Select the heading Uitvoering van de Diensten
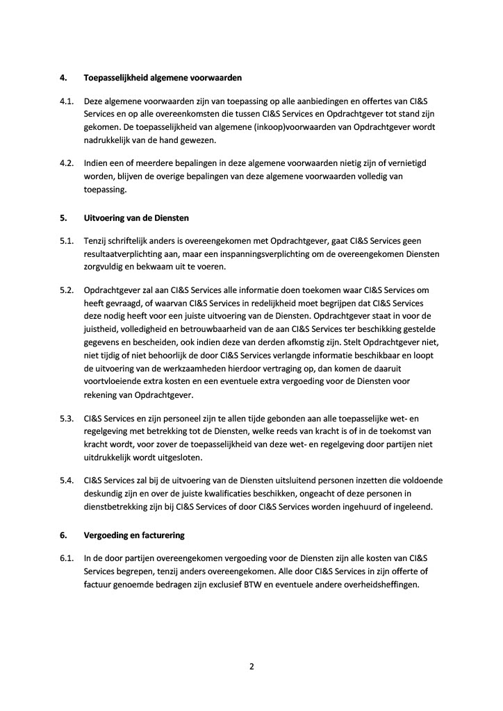pos(136,217)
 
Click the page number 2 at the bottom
pos(251,667)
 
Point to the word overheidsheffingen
pos(381,585)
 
